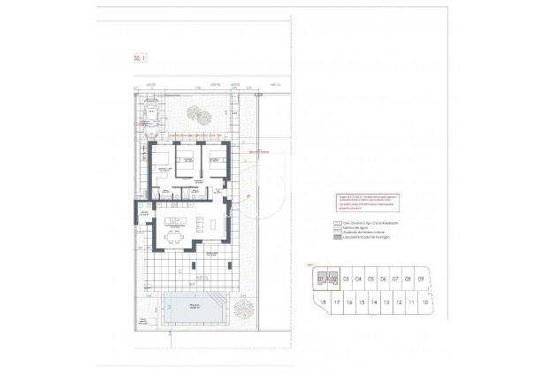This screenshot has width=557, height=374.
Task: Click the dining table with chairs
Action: click(173, 236)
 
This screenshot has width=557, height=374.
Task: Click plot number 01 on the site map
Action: click(322, 279)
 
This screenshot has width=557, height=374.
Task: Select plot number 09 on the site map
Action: click(421, 279)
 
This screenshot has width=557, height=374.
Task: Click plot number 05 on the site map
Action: click(371, 279)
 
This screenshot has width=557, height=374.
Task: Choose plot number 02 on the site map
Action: click(334, 279)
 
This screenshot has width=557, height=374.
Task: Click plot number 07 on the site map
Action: click(396, 279)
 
